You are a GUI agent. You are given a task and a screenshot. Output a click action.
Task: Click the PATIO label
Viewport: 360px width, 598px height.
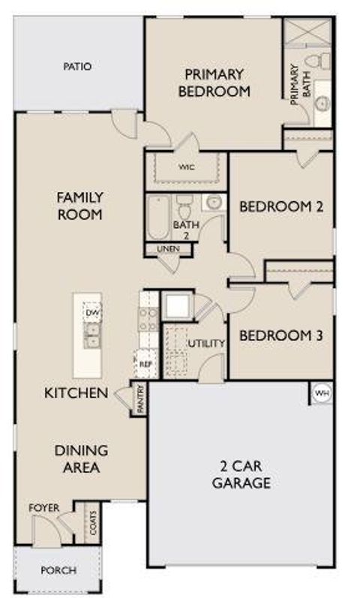click(x=77, y=67)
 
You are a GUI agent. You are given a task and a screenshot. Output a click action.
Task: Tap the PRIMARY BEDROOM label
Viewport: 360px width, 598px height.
click(x=214, y=83)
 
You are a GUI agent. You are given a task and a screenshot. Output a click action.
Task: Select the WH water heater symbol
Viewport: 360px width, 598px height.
click(x=321, y=392)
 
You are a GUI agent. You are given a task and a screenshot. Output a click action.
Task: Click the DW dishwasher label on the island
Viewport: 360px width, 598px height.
click(x=92, y=312)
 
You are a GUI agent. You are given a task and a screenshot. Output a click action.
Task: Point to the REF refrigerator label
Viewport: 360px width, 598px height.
click(x=145, y=363)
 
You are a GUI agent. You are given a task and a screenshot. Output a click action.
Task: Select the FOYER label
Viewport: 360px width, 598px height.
click(x=43, y=508)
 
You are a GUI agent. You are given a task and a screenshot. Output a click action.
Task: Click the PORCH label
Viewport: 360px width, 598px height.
click(x=58, y=570)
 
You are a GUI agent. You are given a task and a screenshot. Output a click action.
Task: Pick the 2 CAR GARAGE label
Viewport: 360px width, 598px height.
click(x=241, y=475)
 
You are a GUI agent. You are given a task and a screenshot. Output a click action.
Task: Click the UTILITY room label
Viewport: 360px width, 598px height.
click(x=206, y=344)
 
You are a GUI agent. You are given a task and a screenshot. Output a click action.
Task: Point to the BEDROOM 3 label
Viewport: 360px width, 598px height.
click(x=280, y=335)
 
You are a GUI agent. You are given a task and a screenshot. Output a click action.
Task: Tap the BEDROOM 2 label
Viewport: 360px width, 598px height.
click(x=280, y=206)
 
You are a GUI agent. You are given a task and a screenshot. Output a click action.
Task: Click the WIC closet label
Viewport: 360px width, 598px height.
click(x=187, y=167)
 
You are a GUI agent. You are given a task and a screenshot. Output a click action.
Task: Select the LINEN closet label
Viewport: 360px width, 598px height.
click(x=168, y=248)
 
